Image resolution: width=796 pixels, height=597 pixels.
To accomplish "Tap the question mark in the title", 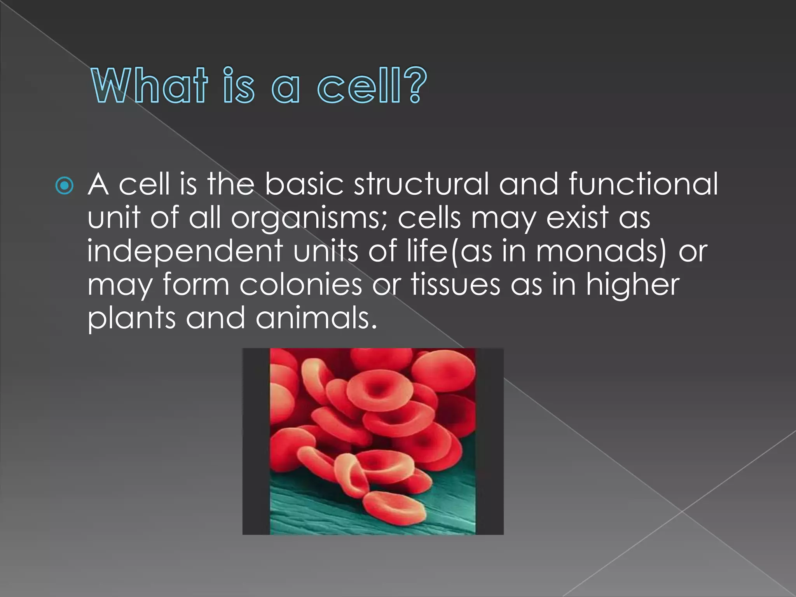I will click(x=415, y=85).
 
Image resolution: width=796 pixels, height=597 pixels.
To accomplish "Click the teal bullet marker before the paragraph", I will click(x=64, y=186).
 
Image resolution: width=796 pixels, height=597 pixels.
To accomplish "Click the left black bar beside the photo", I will click(x=256, y=441).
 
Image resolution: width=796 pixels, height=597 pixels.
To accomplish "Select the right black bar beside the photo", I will click(x=489, y=441).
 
